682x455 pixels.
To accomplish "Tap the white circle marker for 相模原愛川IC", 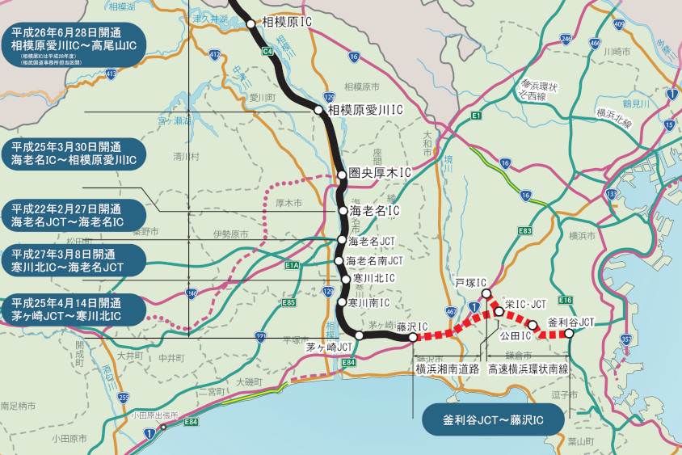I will (x=321, y=110).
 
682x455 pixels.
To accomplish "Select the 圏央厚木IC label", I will (x=379, y=173).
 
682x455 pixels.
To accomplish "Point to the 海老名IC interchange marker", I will (x=342, y=211).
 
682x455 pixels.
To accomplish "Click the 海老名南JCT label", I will (x=374, y=260).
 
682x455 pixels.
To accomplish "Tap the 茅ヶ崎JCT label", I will (x=330, y=347).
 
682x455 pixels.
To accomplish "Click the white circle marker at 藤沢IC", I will (x=413, y=337).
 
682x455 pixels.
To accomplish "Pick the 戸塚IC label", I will (x=471, y=284).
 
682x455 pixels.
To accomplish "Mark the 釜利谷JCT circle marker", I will (x=570, y=333).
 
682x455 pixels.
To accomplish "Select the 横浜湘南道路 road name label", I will (x=448, y=369).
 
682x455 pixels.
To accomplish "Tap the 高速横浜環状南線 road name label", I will (x=528, y=369).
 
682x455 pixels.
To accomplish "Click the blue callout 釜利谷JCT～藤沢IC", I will (x=493, y=420).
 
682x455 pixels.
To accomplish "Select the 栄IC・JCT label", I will (x=525, y=304).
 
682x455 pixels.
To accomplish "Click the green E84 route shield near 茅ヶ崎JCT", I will (x=348, y=362).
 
